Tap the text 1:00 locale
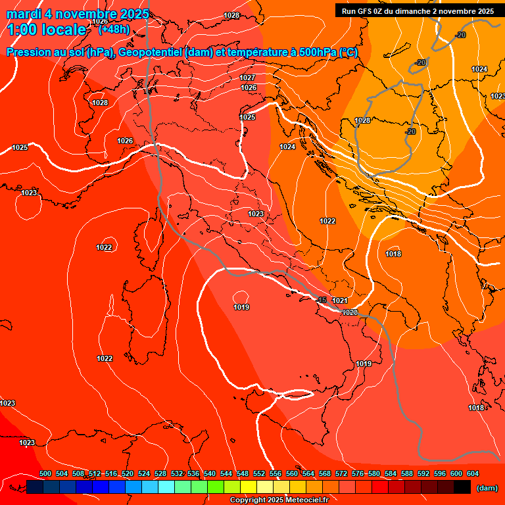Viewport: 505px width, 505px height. point(47,30)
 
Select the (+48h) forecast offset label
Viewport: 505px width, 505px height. point(114,29)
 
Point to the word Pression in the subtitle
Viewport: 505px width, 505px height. point(32,53)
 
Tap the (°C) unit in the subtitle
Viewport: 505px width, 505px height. point(349,53)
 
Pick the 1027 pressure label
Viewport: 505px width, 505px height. point(247,78)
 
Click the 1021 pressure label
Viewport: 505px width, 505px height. point(340,301)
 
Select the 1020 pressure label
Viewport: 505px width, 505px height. point(350,312)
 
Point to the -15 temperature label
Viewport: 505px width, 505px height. point(321,301)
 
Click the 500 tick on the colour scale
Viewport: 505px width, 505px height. point(45,473)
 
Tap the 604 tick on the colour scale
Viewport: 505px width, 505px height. point(472,473)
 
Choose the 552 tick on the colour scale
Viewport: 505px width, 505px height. point(259,473)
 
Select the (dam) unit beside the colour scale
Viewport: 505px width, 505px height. point(487,488)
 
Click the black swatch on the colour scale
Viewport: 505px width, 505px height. point(462,487)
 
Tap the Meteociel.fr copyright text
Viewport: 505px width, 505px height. point(279,500)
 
